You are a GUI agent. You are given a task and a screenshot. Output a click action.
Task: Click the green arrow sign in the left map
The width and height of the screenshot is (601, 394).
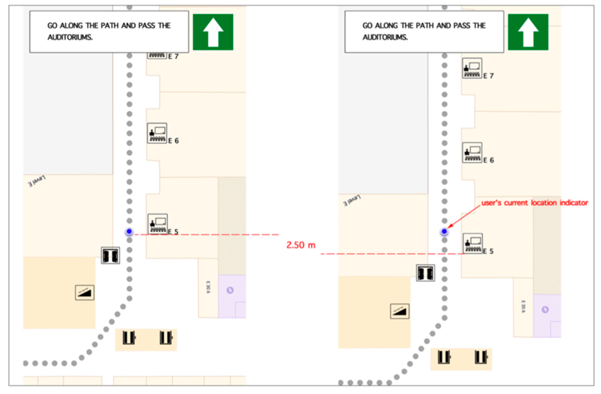click(213, 32)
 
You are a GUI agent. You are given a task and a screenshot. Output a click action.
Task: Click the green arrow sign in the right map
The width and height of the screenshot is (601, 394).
click(528, 32)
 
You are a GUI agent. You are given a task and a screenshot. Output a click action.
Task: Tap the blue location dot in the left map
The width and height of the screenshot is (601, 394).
click(129, 231)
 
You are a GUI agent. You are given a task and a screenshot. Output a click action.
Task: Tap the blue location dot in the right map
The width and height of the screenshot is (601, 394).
click(444, 231)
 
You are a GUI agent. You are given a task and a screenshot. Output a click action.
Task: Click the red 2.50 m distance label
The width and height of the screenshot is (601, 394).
click(301, 245)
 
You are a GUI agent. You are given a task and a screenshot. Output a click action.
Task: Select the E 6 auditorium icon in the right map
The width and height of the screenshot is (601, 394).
click(472, 153)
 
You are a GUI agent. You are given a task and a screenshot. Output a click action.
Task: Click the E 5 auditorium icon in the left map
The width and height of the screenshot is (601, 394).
click(158, 224)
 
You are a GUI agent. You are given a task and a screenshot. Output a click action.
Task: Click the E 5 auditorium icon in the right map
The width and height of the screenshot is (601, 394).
click(473, 243)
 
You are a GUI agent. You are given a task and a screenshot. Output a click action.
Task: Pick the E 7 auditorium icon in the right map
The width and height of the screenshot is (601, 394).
click(472, 68)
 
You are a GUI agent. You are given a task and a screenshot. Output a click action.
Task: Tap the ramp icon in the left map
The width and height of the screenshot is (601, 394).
click(85, 293)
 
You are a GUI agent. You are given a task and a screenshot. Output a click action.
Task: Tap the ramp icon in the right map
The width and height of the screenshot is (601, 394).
click(400, 311)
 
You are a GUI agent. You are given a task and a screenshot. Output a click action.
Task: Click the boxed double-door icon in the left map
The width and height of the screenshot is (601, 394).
click(110, 255)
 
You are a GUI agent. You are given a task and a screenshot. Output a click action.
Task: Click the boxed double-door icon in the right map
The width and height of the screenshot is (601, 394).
click(425, 273)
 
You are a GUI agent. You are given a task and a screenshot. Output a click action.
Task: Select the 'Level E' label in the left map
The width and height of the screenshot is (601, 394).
click(37, 181)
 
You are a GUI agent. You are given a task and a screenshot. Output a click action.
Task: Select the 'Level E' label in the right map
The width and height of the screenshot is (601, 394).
click(352, 200)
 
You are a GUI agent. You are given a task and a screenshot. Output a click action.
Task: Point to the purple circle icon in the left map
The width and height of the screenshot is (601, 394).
click(230, 290)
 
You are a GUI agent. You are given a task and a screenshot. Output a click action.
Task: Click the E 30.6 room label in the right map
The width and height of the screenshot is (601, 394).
click(523, 307)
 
